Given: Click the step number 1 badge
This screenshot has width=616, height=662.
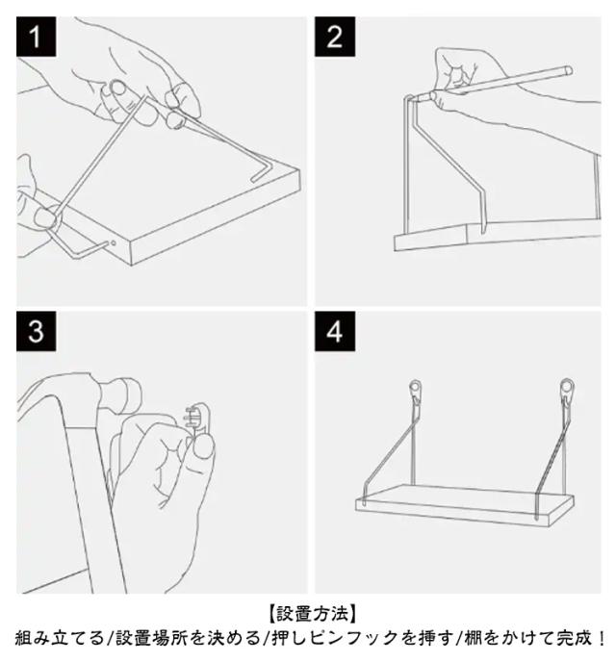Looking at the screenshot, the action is click(x=36, y=37).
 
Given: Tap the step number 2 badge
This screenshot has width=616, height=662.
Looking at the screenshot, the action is click(x=334, y=37).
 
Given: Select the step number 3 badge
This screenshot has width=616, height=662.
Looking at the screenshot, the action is click(x=36, y=331).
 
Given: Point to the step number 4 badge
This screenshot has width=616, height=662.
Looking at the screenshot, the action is click(x=334, y=331).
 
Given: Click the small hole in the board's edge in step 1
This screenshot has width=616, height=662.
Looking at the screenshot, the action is click(x=114, y=243).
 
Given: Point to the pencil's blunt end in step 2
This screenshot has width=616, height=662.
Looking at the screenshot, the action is click(x=568, y=70).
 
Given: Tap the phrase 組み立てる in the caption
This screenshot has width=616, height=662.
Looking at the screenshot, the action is click(x=60, y=638).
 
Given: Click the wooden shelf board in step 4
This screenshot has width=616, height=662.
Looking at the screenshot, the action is click(x=465, y=505).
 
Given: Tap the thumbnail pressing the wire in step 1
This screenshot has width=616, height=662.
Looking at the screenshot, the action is click(x=43, y=217).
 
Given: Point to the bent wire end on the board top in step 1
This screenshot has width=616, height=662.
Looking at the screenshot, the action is click(x=263, y=172).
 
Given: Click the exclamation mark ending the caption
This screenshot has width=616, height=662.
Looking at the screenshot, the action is click(x=601, y=638).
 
